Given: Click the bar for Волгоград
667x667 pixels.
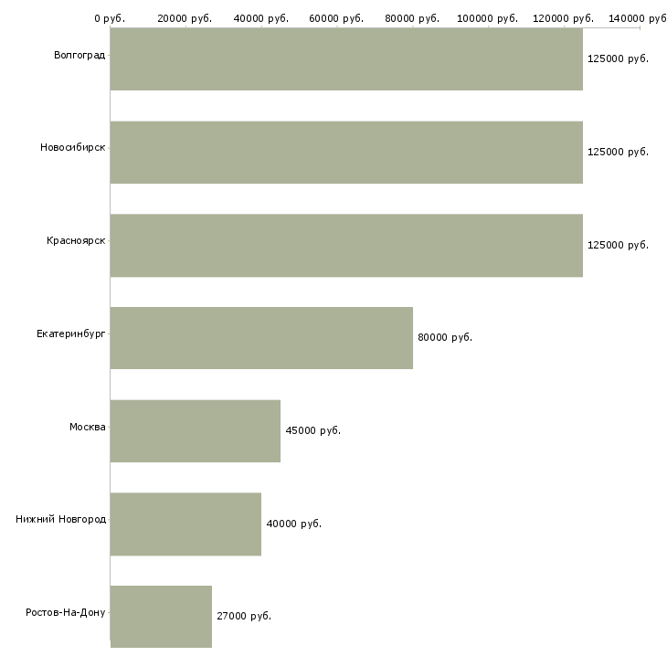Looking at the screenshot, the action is (346, 59).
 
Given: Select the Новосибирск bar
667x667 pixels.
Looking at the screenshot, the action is (346, 153).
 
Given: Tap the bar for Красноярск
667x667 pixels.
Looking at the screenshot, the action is (346, 246).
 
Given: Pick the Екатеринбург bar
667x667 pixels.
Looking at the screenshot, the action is (261, 338).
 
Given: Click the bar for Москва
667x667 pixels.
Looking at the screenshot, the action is (196, 431).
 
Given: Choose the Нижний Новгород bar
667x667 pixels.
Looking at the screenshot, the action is (185, 524).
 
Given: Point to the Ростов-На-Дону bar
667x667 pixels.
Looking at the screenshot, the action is (161, 617).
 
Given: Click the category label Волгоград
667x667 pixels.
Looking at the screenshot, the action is (79, 56).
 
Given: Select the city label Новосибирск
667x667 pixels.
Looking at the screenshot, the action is (73, 148).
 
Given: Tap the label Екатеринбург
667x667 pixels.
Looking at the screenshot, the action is (71, 333).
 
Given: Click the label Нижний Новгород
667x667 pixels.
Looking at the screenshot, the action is (61, 519).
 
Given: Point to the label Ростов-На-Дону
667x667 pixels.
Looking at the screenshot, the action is (66, 612).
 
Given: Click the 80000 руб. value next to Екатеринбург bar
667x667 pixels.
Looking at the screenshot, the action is (445, 337).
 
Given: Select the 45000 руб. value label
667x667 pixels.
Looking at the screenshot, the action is (313, 430).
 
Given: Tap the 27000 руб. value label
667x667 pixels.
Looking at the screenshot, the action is (244, 616).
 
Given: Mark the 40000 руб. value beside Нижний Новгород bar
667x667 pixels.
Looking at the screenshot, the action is (294, 524).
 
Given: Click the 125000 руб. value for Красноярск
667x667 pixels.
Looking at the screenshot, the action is (618, 245).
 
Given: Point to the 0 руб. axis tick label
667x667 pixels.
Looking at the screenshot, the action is (110, 18).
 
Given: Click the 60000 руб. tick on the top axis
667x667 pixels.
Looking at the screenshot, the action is (336, 18).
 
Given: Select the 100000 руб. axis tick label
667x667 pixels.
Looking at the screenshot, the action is (488, 18).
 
